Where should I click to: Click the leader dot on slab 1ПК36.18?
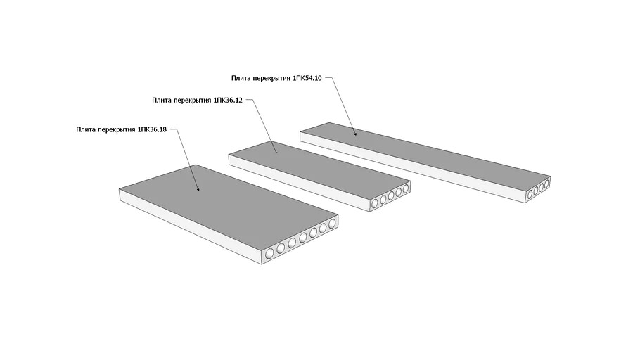[x=198, y=189]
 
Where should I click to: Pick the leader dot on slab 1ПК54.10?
[x=355, y=134]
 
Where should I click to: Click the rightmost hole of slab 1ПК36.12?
[x=406, y=188]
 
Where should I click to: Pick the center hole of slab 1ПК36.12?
[x=391, y=196]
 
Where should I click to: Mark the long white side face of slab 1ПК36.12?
[x=295, y=182]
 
